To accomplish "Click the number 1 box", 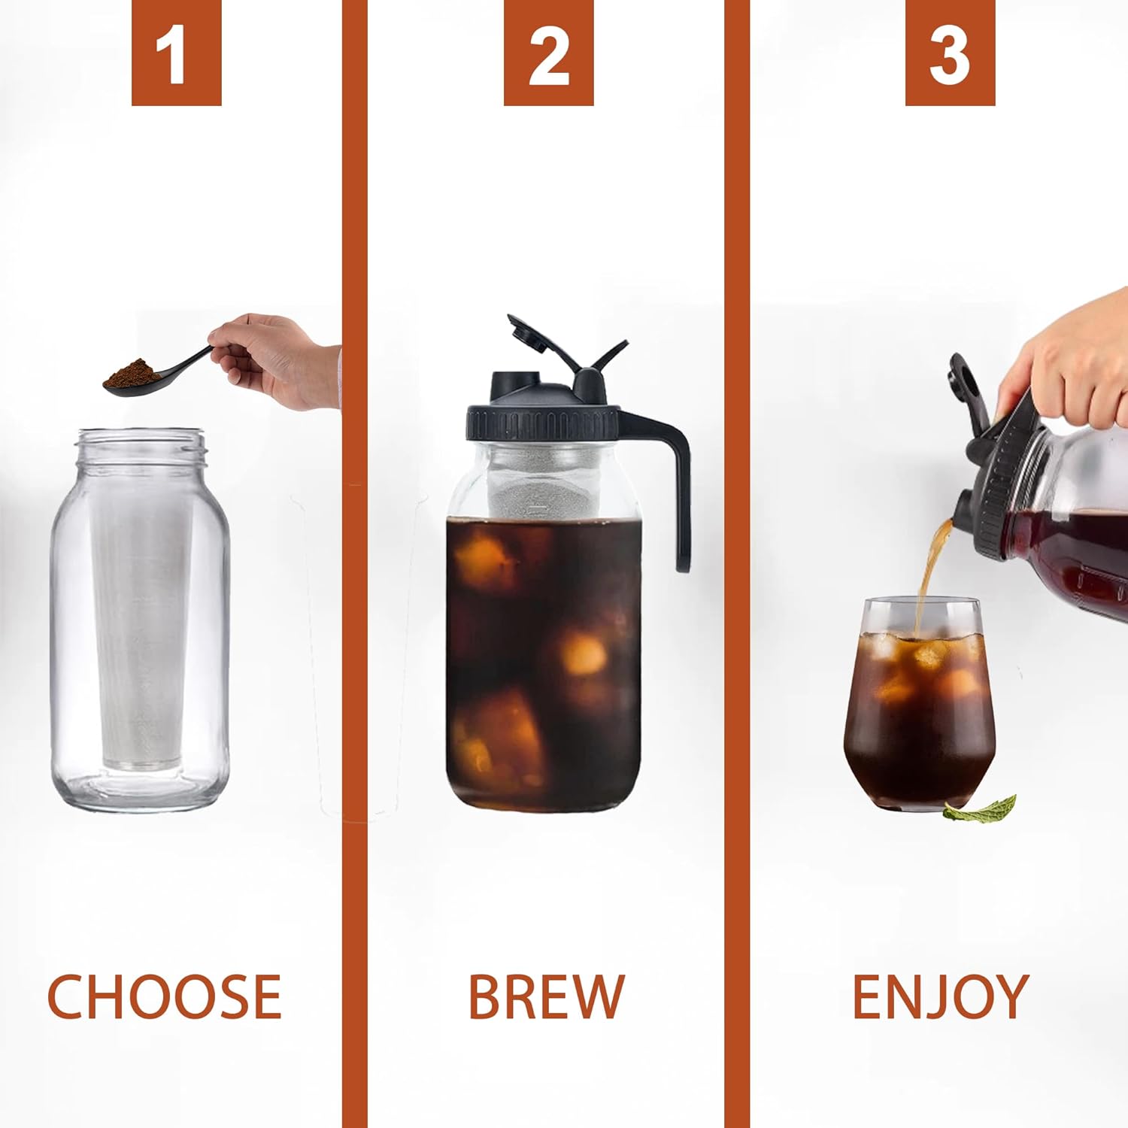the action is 176,53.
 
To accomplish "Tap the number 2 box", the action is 548,53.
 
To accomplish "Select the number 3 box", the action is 950,53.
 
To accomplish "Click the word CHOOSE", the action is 164,996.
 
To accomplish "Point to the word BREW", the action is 546,996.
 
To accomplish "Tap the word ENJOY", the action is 940,996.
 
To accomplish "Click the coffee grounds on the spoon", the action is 132,371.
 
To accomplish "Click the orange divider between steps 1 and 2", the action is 354,564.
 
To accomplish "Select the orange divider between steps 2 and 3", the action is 737,564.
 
